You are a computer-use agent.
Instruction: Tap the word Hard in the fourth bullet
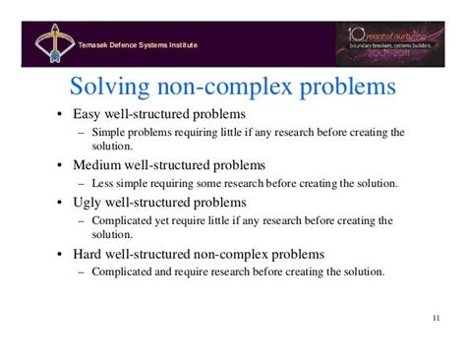click(89, 254)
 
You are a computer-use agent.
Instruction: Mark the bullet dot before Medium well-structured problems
click(60, 165)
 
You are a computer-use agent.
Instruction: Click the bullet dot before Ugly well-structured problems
click(60, 203)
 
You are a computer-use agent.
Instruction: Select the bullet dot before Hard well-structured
click(60, 255)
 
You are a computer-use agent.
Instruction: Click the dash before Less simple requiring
click(81, 184)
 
